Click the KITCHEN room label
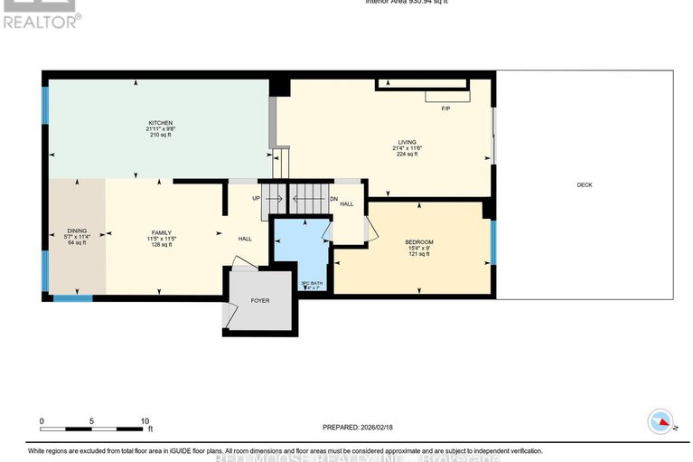[161, 123]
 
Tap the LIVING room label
[407, 141]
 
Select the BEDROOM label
[419, 241]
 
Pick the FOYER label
[260, 300]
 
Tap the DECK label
[585, 184]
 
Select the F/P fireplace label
[445, 108]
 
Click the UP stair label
[256, 198]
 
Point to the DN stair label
[333, 198]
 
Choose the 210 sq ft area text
[161, 136]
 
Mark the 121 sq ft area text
[419, 254]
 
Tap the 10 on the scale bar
[145, 421]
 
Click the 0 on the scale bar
[42, 421]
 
